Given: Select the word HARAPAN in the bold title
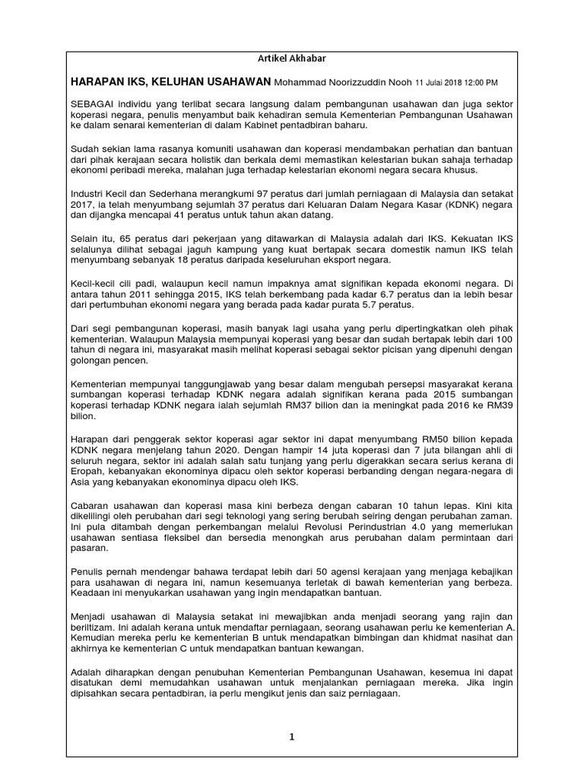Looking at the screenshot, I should (x=98, y=81).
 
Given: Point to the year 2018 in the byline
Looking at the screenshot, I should (x=452, y=82).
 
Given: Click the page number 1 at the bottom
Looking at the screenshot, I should (x=291, y=736).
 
